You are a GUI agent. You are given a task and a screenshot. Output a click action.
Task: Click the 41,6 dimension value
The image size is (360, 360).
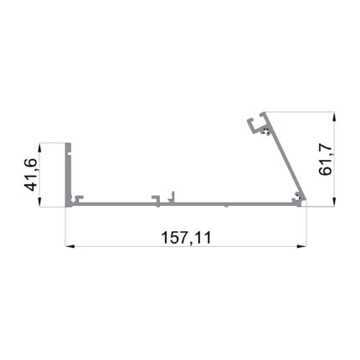31,175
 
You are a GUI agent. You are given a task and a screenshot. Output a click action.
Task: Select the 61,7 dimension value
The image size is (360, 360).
326,160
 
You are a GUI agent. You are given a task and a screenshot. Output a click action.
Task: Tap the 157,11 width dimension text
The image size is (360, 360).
186,238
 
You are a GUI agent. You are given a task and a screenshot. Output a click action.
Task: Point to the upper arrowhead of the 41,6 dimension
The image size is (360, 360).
40,147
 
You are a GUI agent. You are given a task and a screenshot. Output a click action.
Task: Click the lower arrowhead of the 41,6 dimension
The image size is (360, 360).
40,203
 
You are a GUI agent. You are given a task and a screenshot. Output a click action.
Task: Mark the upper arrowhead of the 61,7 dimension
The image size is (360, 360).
334,116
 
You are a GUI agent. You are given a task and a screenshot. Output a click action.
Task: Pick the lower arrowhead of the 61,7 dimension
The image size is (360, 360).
334,202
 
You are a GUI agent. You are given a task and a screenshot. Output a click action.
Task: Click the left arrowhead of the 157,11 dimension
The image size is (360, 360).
69,246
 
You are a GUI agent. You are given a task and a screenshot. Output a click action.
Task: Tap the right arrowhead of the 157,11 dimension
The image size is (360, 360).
301,246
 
